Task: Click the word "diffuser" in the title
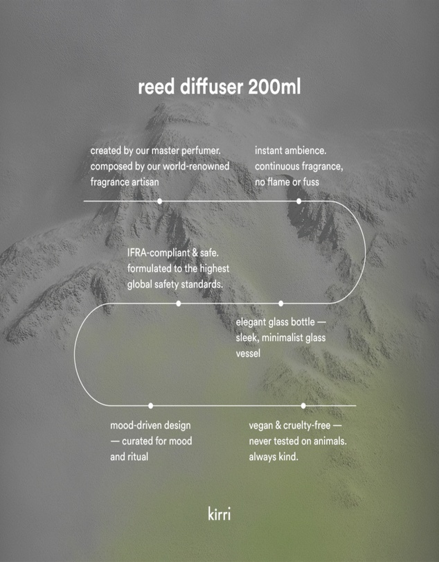pyautogui.click(x=211, y=87)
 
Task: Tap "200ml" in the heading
pyautogui.click(x=274, y=87)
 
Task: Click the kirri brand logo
pyautogui.click(x=219, y=513)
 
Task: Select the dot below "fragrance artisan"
pyautogui.click(x=160, y=201)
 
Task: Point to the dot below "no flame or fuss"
pyautogui.click(x=298, y=201)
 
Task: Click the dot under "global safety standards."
pyautogui.click(x=179, y=304)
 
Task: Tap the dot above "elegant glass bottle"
pyautogui.click(x=280, y=304)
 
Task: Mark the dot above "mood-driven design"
pyautogui.click(x=151, y=405)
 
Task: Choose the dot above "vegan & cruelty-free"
pyautogui.click(x=303, y=405)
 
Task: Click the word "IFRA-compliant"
pyautogui.click(x=159, y=253)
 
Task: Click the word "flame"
pyautogui.click(x=279, y=182)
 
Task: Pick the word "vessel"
pyautogui.click(x=248, y=353)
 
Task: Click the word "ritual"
pyautogui.click(x=138, y=457)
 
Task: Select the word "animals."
pyautogui.click(x=330, y=441)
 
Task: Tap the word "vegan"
pyautogui.click(x=261, y=426)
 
